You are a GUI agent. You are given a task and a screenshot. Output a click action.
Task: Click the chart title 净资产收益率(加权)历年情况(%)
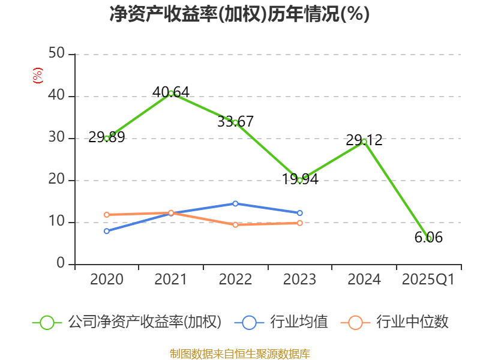point(239,14)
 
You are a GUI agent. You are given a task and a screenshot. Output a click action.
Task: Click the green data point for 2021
point(171,93)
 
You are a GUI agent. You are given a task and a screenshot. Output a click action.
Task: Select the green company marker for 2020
point(107,138)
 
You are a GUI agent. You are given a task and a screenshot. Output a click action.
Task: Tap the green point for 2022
point(235,122)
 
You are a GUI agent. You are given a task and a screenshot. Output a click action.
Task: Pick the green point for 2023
point(300,180)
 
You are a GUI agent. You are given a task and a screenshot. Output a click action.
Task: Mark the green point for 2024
point(364,142)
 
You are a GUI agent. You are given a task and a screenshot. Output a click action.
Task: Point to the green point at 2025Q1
point(428,238)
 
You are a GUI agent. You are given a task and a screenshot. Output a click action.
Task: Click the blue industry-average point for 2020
point(107,231)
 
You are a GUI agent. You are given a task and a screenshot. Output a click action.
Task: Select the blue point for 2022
point(235,203)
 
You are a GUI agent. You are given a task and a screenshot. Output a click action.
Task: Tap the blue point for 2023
point(300,213)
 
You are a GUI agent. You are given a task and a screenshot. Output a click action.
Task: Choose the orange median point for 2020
point(107,214)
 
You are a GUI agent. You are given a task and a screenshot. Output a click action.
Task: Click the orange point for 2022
point(235,224)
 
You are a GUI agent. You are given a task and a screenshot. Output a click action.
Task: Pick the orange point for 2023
point(300,223)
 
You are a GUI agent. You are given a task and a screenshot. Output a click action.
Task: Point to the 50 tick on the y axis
point(57,54)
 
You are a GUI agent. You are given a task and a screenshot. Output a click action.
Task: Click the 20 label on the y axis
point(57,180)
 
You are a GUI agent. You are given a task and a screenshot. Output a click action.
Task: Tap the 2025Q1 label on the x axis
point(428,280)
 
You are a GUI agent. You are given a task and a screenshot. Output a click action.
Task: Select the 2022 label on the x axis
point(235,280)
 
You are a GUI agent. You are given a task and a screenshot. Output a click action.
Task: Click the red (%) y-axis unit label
point(37,76)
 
